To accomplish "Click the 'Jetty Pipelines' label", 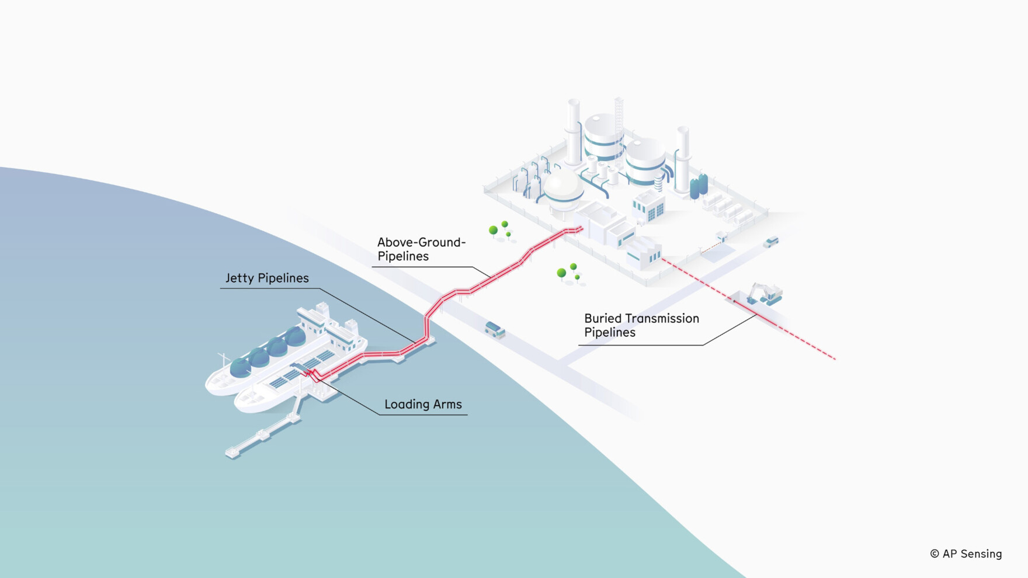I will click(267, 278).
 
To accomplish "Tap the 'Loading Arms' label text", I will click(423, 404).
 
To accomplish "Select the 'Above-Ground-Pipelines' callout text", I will click(421, 249).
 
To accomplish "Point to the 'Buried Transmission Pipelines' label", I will click(641, 325).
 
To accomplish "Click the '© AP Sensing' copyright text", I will click(966, 553).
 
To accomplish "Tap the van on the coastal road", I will click(495, 330).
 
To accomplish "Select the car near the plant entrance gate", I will click(772, 241).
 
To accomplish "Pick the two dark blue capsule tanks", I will click(699, 186).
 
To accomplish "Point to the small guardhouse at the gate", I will click(721, 236).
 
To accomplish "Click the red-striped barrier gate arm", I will click(710, 248).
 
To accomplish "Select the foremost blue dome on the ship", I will click(240, 367).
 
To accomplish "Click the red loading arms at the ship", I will click(311, 374).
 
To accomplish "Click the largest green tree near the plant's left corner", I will click(493, 231).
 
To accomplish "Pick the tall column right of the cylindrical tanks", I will click(682, 158).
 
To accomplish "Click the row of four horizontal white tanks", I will click(728, 208).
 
